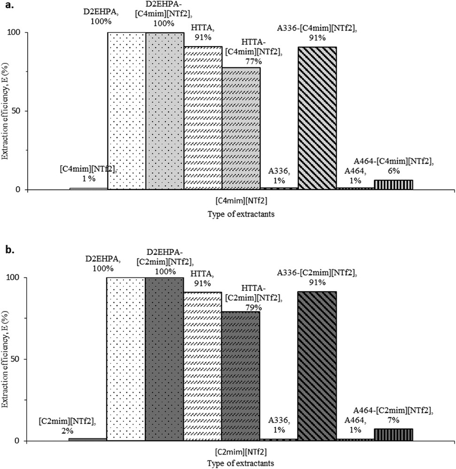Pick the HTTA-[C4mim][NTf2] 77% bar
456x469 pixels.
click(241, 129)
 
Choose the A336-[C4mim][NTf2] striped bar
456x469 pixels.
click(317, 118)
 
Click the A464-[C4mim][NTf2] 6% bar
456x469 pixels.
click(393, 185)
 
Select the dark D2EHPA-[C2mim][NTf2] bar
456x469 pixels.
click(164, 359)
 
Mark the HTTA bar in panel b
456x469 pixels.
click(203, 366)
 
